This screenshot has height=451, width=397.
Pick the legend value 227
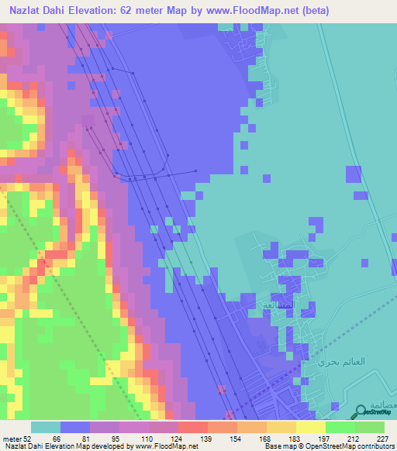[x=380, y=438]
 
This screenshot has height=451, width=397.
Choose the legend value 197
[x=323, y=438]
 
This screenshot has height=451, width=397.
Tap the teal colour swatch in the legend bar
[x=46, y=427]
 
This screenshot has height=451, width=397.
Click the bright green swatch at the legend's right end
[x=371, y=427]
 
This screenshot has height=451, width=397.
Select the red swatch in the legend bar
[x=192, y=427]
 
